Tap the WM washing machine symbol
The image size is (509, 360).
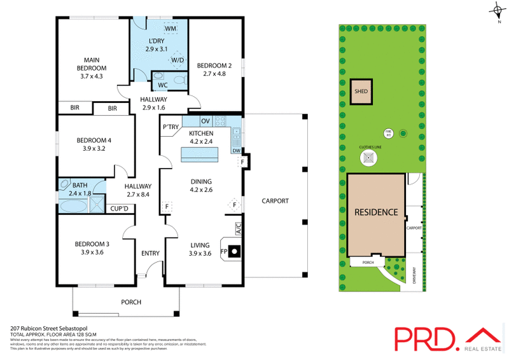(171, 29)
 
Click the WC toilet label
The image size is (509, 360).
(162, 85)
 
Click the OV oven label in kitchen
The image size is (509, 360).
(205, 121)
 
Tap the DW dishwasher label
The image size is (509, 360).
(236, 151)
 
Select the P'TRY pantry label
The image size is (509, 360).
(171, 127)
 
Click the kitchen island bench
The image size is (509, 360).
(200, 155)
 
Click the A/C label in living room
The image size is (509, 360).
(239, 227)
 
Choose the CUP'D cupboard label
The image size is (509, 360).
(120, 208)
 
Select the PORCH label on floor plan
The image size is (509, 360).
(130, 302)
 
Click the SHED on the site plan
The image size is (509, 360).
(361, 91)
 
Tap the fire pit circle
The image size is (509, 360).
(387, 133)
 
